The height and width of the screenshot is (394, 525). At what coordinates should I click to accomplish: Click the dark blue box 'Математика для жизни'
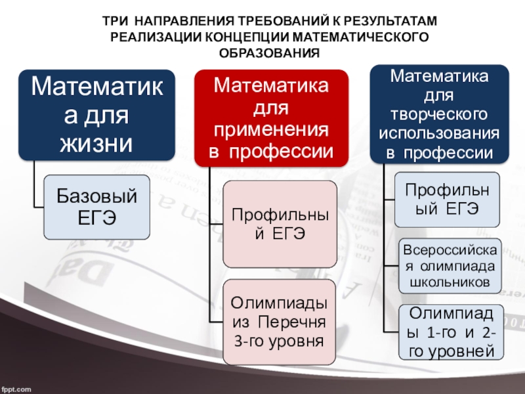point(96,115)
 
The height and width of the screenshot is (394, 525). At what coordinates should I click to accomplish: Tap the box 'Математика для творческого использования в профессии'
point(439,114)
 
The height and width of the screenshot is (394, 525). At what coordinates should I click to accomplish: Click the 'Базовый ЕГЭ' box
point(96,206)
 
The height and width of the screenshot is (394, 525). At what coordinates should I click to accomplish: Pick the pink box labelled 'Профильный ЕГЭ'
point(280,224)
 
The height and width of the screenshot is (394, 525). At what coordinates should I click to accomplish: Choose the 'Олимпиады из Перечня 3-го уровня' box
point(280,322)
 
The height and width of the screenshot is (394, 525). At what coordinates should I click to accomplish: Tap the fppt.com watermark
point(16,389)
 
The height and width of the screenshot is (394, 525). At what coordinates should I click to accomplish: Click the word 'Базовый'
point(96,195)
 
